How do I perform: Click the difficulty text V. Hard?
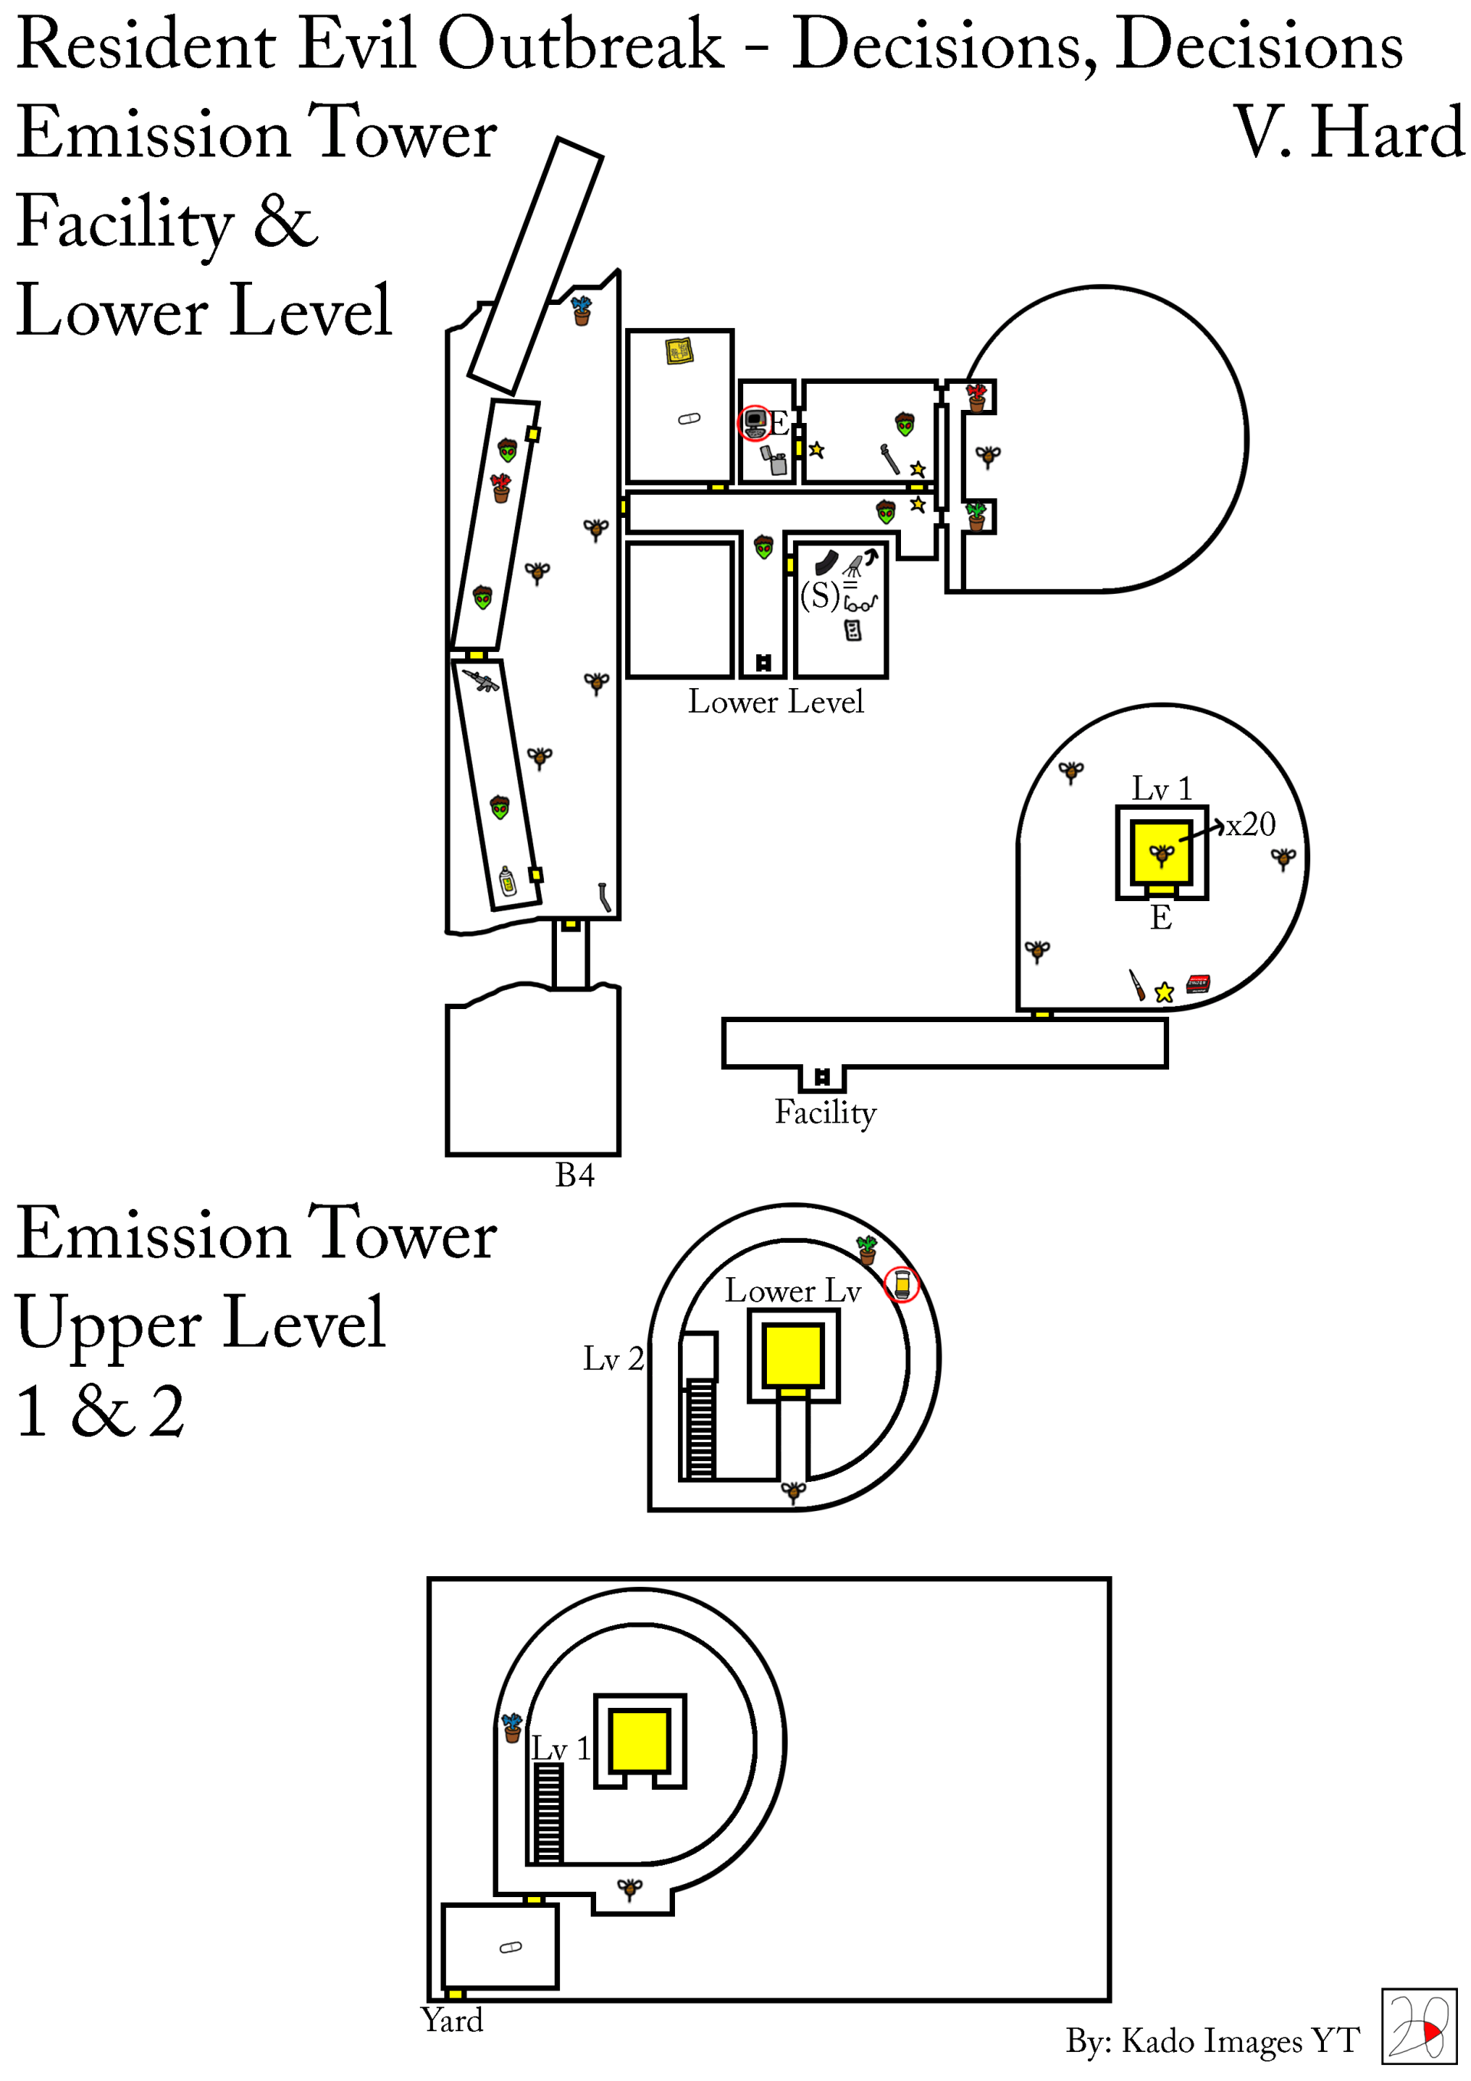1348,133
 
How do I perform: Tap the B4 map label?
575,1175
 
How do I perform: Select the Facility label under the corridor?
825,1113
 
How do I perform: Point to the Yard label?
451,2020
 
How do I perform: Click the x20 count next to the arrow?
1251,824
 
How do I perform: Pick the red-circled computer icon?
753,422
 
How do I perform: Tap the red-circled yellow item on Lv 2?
902,1284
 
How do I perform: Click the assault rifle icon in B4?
480,680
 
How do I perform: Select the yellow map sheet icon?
679,350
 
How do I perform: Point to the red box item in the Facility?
1197,982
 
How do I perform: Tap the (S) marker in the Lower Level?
821,595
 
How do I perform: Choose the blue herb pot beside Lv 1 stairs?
512,1728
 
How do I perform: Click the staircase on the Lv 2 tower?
699,1428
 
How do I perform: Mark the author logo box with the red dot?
1418,2026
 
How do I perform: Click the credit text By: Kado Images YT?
1212,2041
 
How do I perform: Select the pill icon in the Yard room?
511,1947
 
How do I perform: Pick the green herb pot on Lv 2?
867,1250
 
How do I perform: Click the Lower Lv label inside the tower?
792,1290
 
